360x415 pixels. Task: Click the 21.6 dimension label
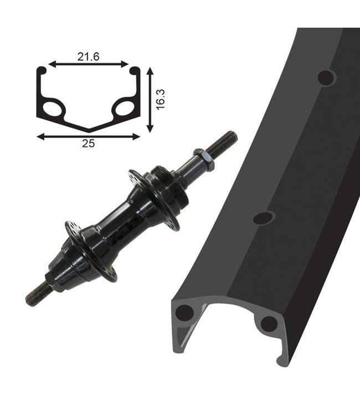click(88, 56)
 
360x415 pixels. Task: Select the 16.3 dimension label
click(161, 99)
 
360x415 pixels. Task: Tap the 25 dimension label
click(88, 143)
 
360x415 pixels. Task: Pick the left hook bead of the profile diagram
click(41, 70)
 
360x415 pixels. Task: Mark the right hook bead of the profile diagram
click(135, 70)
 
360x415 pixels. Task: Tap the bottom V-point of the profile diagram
click(89, 131)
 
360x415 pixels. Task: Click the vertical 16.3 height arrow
click(150, 100)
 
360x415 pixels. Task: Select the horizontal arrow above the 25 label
click(88, 137)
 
